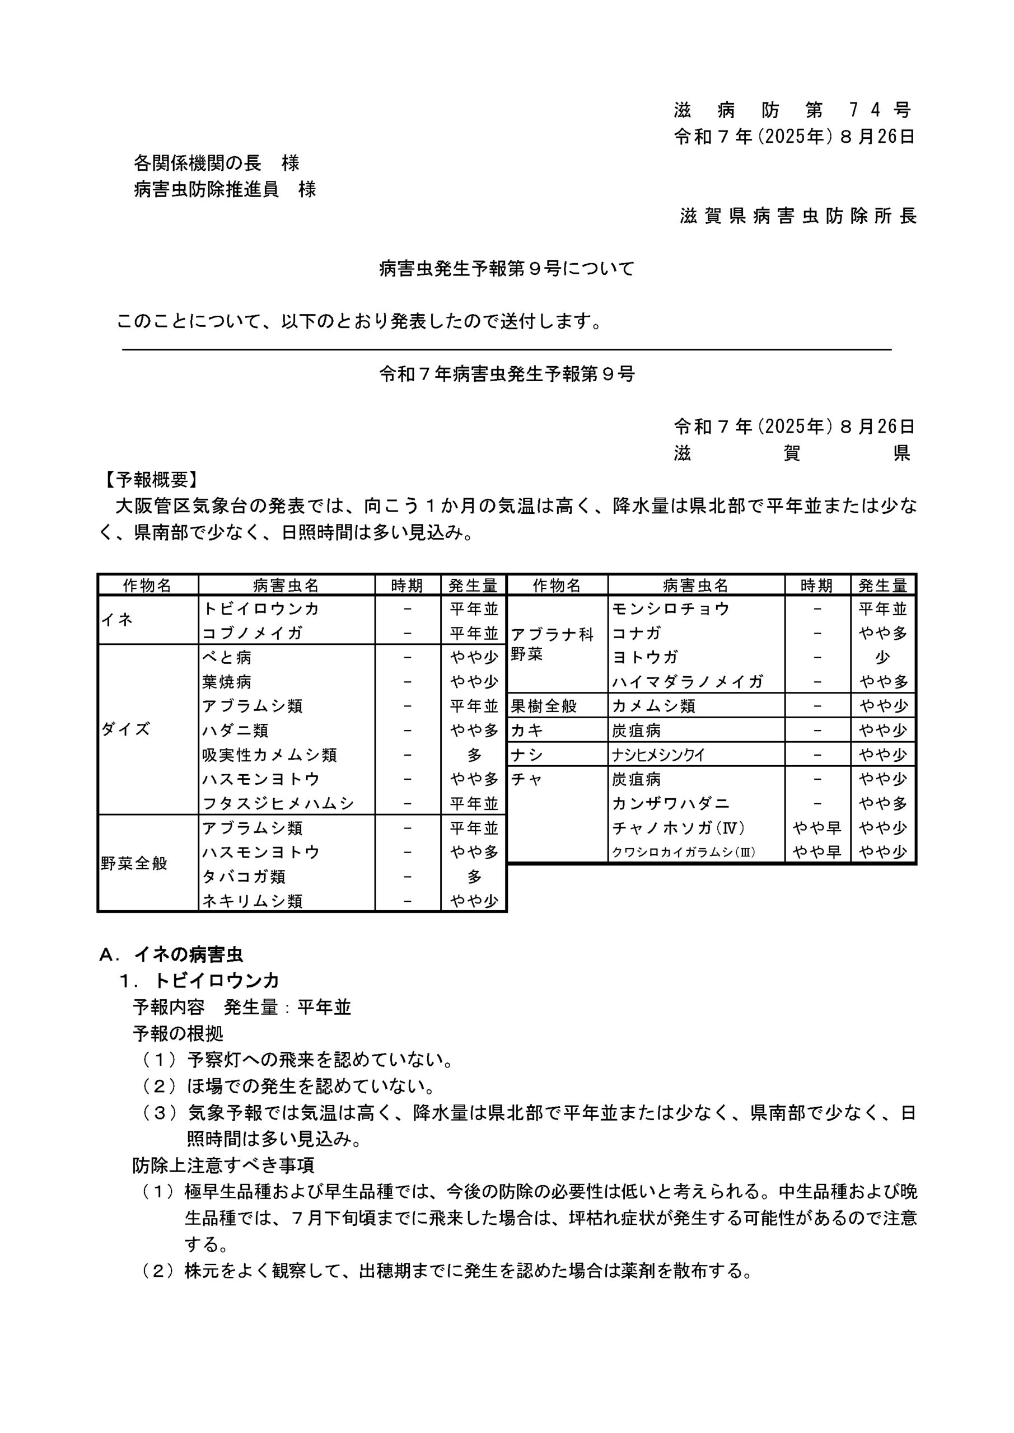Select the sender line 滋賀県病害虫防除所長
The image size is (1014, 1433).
(x=798, y=216)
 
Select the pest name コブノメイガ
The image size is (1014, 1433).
(x=253, y=633)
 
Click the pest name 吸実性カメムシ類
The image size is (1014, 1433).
(x=269, y=755)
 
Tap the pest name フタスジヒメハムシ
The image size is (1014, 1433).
(x=278, y=803)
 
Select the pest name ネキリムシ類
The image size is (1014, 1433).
(x=253, y=901)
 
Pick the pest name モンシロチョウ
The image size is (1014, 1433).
(x=671, y=608)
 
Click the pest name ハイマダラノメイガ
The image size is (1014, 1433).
(x=688, y=682)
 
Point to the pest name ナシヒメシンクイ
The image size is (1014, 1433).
(x=658, y=755)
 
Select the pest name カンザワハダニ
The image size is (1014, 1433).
(x=671, y=803)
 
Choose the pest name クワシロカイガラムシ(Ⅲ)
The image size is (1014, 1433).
(x=683, y=852)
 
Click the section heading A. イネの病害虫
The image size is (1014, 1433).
(x=171, y=954)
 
